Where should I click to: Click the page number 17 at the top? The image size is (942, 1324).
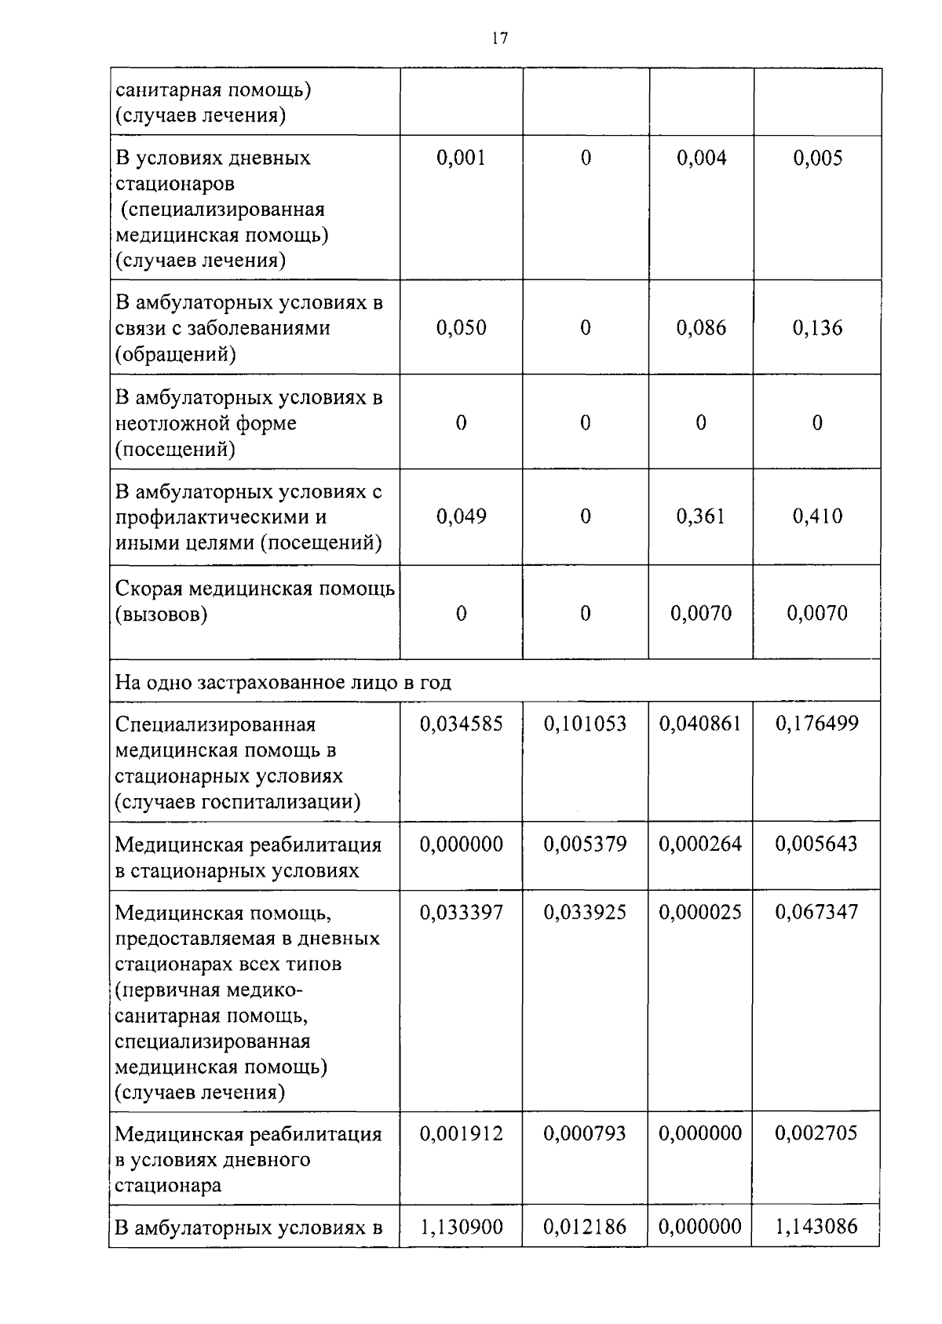[x=500, y=38]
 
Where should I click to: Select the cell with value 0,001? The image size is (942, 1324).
[x=461, y=159]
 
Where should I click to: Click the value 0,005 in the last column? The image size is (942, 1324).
[x=817, y=159]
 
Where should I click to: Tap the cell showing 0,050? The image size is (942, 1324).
[x=461, y=328]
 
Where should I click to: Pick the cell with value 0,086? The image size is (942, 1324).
[x=701, y=328]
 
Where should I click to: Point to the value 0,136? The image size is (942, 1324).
[x=817, y=328]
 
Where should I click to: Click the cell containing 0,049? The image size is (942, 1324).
[x=461, y=516]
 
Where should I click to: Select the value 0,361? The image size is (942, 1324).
[x=701, y=516]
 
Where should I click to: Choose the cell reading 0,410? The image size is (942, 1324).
[x=817, y=516]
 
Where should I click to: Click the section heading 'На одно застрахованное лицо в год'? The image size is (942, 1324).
[x=283, y=682]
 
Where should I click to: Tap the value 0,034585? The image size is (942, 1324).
[x=461, y=724]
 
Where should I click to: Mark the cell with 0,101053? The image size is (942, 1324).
[x=585, y=724]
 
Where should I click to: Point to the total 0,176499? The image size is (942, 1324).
[x=817, y=724]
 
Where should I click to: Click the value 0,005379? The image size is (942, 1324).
[x=585, y=844]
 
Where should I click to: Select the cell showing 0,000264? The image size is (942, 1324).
[x=700, y=844]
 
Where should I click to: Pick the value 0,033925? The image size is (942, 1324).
[x=585, y=912]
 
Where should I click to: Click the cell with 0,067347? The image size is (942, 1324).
[x=817, y=912]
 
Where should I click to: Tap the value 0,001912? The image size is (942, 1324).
[x=461, y=1133]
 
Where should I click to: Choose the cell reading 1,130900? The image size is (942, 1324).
[x=461, y=1227]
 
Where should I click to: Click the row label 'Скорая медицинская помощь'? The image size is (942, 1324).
[x=254, y=589]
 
